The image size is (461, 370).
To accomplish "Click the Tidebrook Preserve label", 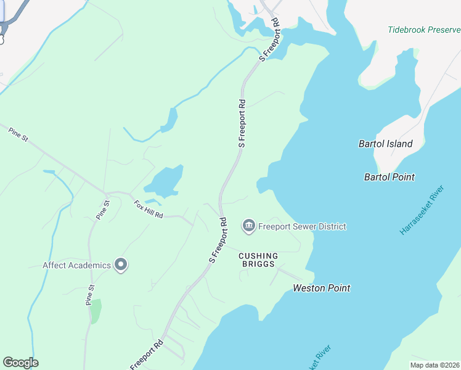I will pos(424,30).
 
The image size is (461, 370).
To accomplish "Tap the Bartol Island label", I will pos(385,144).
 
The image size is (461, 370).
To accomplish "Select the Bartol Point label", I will pos(390,177).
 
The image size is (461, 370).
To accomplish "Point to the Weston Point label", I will pos(321,288).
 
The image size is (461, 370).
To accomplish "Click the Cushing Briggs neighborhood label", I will pos(258,260).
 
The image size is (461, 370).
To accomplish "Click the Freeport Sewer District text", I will pos(302,226).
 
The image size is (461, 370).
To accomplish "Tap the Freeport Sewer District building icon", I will pos(249,226).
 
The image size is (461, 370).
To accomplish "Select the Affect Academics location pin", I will pos(121,265).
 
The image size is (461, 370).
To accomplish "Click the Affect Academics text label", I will pos(76,266).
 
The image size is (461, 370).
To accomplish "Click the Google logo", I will pos(20,363).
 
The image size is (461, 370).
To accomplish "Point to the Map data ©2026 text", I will pos(434,365).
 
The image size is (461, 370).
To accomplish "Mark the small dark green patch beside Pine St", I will pos(95,311).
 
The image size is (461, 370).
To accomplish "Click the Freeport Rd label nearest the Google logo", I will pos(146,355).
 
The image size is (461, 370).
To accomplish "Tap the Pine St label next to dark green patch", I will pos(90,295).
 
